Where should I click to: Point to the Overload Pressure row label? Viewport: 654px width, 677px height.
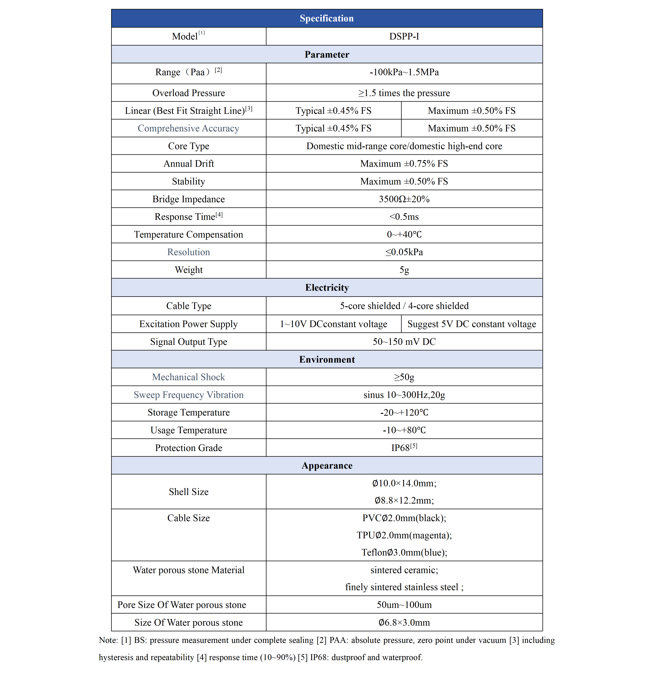pyautogui.click(x=189, y=93)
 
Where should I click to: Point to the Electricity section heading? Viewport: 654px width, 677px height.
pyautogui.click(x=327, y=288)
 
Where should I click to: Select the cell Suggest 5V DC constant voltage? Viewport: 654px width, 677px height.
pyautogui.click(x=472, y=324)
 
